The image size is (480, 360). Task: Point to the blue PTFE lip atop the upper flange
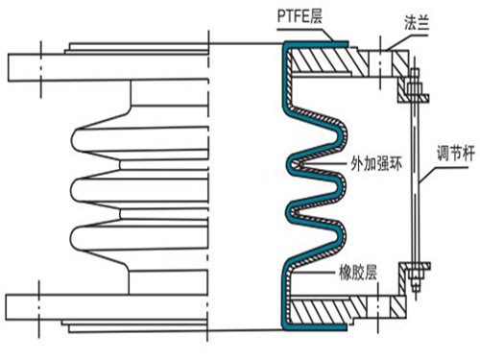coord(317,43)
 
